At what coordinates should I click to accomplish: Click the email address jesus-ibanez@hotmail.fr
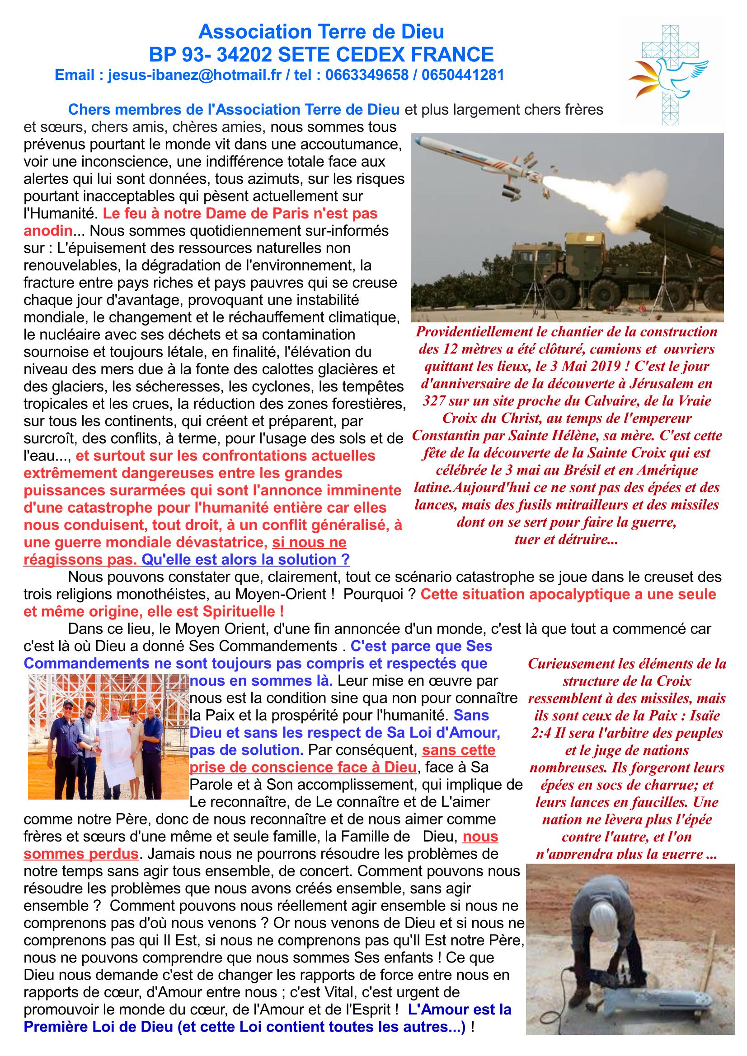194,75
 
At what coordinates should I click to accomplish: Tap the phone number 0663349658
366,75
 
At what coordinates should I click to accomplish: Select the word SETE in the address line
301,55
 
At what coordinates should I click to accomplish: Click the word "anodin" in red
48,231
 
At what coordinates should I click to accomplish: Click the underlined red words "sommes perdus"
81,854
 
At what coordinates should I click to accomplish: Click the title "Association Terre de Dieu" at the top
321,32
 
